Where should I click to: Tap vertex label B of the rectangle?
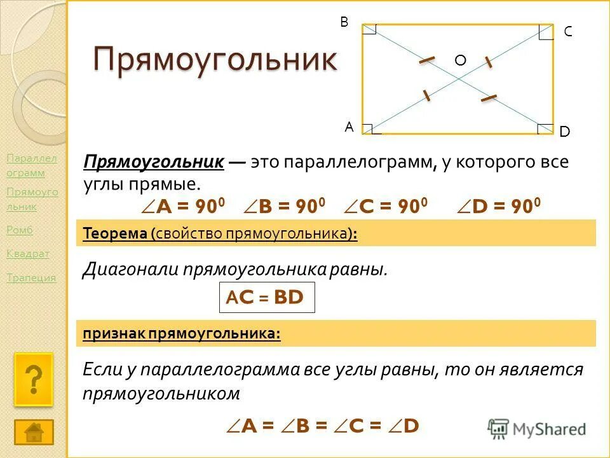click(344, 22)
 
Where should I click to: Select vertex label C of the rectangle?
click(567, 32)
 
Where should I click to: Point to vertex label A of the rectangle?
click(349, 127)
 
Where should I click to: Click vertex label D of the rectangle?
click(564, 132)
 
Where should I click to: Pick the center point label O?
click(460, 60)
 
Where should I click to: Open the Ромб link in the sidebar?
click(19, 230)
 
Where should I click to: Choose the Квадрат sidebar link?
click(27, 254)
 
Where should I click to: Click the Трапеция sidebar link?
click(31, 277)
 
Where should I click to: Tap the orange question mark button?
click(34, 380)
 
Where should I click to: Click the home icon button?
click(34, 432)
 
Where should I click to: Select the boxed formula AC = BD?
click(267, 298)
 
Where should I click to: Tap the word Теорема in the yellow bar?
click(115, 234)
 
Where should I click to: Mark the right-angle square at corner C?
click(545, 32)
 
